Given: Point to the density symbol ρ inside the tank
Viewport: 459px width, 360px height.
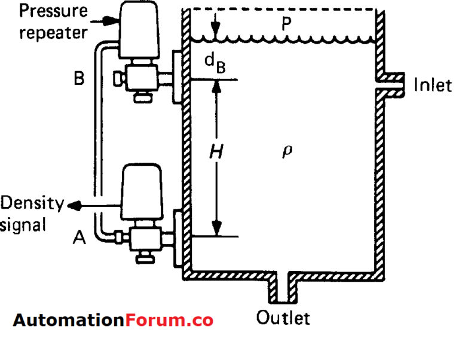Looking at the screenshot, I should point(287,151).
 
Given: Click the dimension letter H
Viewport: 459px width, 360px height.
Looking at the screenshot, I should point(216,153).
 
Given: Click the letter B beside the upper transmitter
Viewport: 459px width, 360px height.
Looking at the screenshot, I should point(78,79).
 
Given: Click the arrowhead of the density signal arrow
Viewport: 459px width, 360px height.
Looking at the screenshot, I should point(74,205).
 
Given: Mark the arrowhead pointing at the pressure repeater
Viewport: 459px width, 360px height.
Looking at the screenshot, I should point(113,20).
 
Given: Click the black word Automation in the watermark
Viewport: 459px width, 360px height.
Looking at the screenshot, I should point(69,320).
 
